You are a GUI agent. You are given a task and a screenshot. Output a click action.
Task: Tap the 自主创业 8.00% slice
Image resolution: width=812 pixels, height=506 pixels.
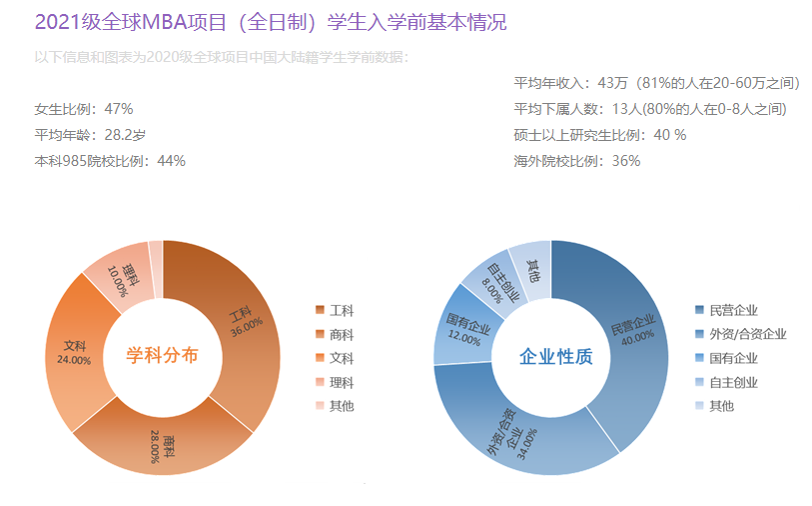495,274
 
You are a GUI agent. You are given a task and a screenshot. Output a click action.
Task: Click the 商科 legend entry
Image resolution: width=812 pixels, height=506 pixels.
342,334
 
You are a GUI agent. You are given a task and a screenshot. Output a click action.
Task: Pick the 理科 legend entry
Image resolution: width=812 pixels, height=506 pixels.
342,382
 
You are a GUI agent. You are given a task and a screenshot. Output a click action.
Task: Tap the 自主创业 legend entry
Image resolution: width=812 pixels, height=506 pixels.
733,382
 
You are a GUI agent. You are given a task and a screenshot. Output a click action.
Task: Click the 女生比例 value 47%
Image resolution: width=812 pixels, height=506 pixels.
119,109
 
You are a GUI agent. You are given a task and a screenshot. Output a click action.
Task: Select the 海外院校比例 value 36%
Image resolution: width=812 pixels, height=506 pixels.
625,160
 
